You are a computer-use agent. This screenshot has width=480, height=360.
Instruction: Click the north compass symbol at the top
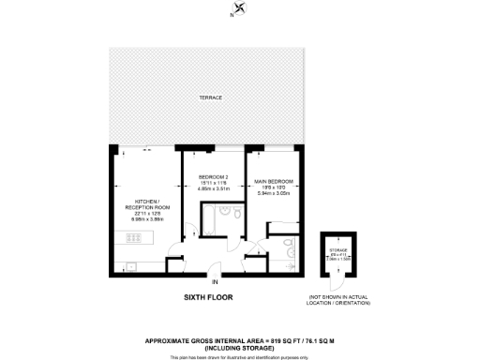(x=241, y=10)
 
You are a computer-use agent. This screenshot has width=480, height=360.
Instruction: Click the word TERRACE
(x=209, y=97)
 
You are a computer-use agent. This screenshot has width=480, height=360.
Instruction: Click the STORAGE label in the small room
(x=338, y=250)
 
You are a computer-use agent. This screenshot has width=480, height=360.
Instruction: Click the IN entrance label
(x=215, y=281)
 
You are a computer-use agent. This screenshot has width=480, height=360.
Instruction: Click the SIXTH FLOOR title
(x=207, y=297)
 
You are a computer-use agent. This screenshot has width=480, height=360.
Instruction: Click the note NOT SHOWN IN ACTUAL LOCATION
(x=338, y=301)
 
